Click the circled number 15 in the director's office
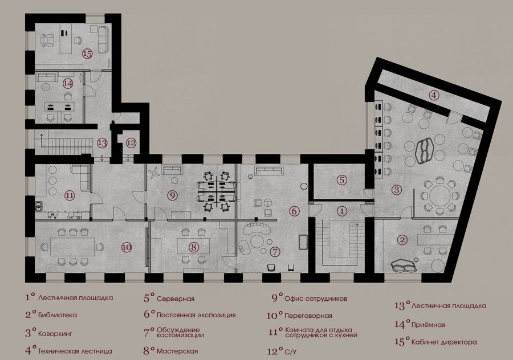[87, 54]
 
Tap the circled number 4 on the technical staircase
[434, 96]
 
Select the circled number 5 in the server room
[341, 180]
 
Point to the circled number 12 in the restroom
[131, 143]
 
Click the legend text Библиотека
[58, 315]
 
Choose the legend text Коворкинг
[55, 334]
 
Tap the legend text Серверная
[176, 299]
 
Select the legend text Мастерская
[177, 351]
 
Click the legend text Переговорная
[308, 316]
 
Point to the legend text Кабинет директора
[444, 342]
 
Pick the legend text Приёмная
[428, 325]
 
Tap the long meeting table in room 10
[72, 247]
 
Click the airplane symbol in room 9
[154, 173]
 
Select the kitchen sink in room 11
[39, 206]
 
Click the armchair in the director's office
[48, 41]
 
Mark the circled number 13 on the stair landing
[102, 143]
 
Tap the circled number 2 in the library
[402, 240]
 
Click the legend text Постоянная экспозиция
[196, 315]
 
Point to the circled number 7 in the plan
[275, 252]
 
